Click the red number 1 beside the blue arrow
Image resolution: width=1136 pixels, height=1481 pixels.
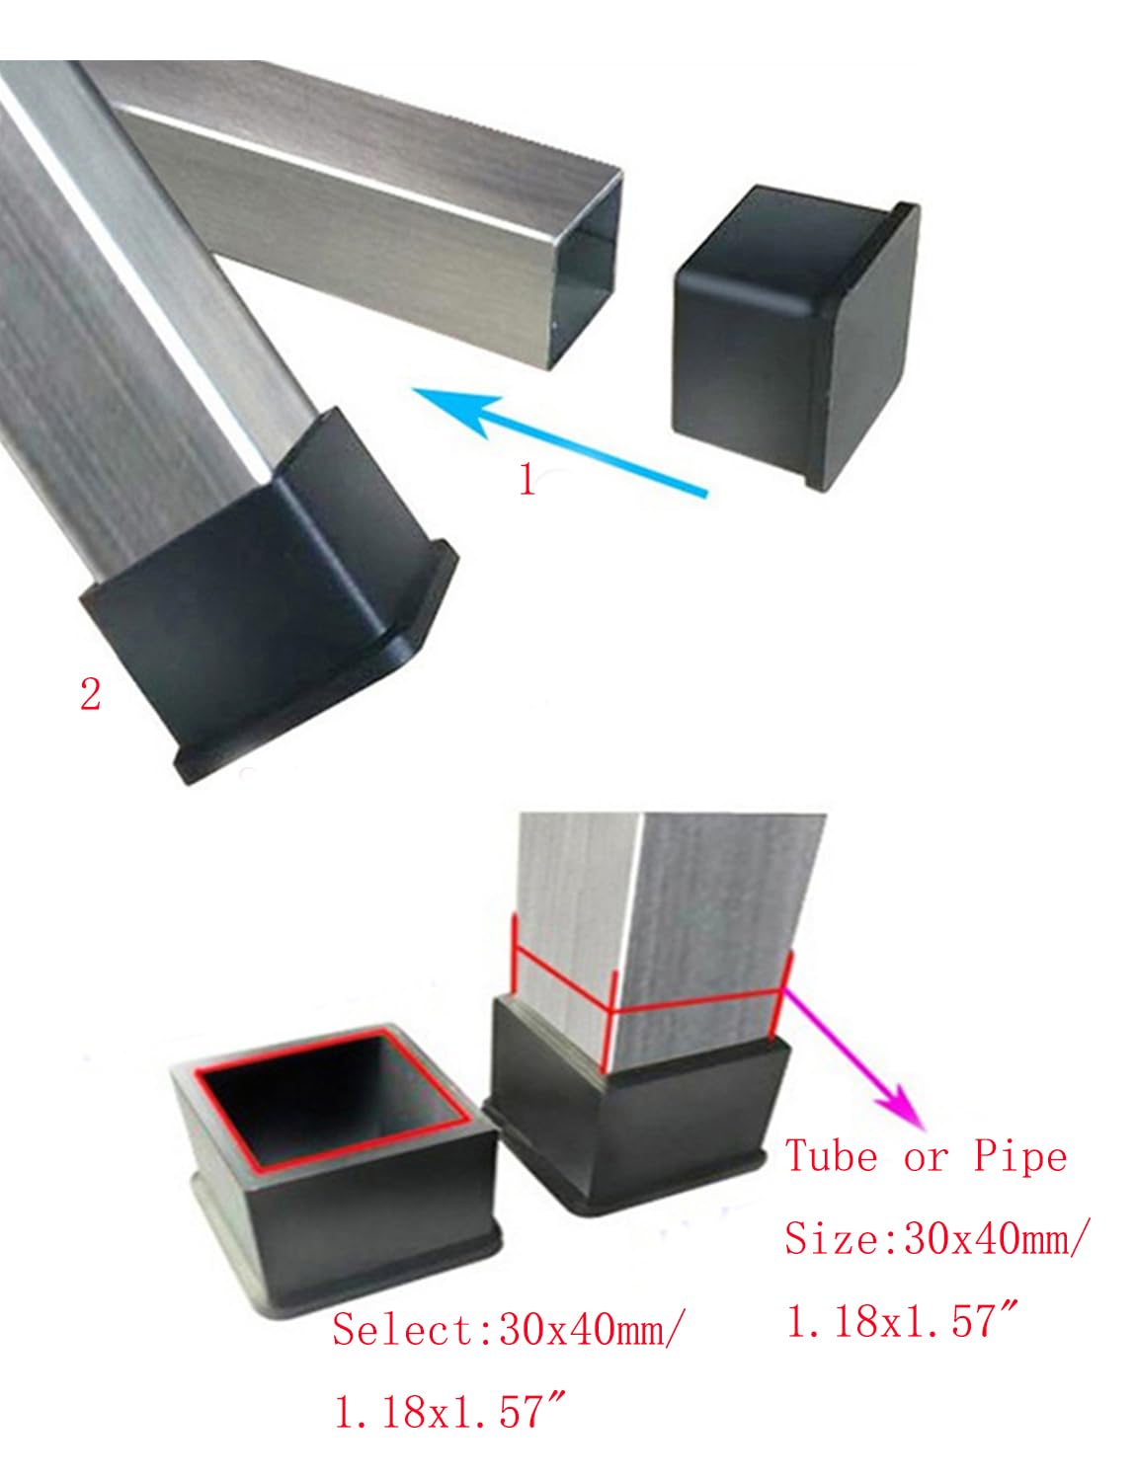tap(527, 480)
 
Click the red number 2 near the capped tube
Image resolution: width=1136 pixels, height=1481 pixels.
tap(90, 695)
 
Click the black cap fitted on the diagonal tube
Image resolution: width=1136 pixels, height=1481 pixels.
tap(267, 583)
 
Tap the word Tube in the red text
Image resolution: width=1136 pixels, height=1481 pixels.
tap(831, 1156)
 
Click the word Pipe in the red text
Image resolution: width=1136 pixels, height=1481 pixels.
tap(1020, 1156)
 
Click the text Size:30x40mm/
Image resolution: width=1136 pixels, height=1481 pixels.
tap(933, 1238)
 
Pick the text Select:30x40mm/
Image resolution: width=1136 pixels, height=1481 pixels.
tap(505, 1329)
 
